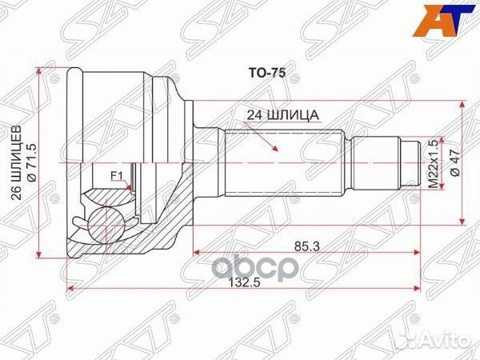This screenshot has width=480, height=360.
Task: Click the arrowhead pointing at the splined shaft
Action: click(275, 147)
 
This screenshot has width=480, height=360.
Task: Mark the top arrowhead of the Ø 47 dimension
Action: click(462, 105)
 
